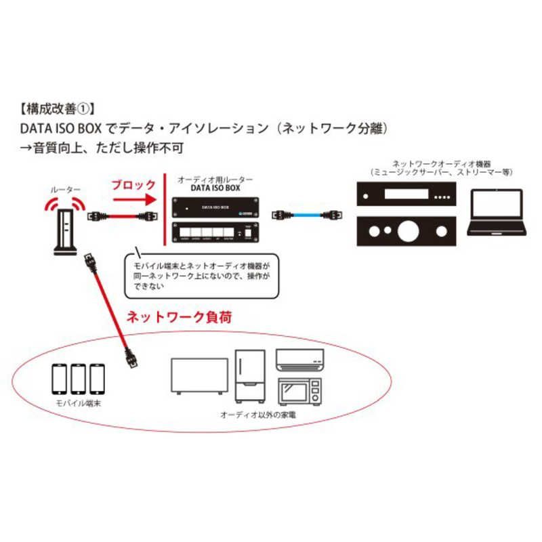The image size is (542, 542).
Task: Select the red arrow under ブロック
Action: (133, 200)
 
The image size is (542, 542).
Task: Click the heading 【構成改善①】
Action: (58, 108)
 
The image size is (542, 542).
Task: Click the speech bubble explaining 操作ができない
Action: (201, 276)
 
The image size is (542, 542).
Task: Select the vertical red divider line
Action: (167, 210)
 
